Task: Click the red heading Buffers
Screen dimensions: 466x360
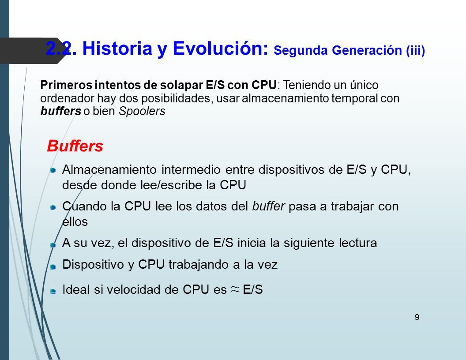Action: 75,146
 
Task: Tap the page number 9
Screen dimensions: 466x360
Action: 417,317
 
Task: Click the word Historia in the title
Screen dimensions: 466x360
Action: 117,49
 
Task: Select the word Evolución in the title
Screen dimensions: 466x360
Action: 221,49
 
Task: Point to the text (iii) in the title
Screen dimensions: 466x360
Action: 416,50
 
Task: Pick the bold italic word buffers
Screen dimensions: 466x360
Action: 60,111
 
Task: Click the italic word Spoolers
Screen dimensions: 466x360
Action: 142,111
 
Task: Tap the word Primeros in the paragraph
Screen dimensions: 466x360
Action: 66,85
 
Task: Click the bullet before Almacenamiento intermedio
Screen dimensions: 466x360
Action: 53,170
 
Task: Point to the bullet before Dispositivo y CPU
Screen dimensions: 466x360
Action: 53,267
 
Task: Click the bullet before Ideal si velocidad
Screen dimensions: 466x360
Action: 53,291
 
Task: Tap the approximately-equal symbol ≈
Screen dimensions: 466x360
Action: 235,289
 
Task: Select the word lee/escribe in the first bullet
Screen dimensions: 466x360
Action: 173,185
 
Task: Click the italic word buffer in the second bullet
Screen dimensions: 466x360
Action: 268,206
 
